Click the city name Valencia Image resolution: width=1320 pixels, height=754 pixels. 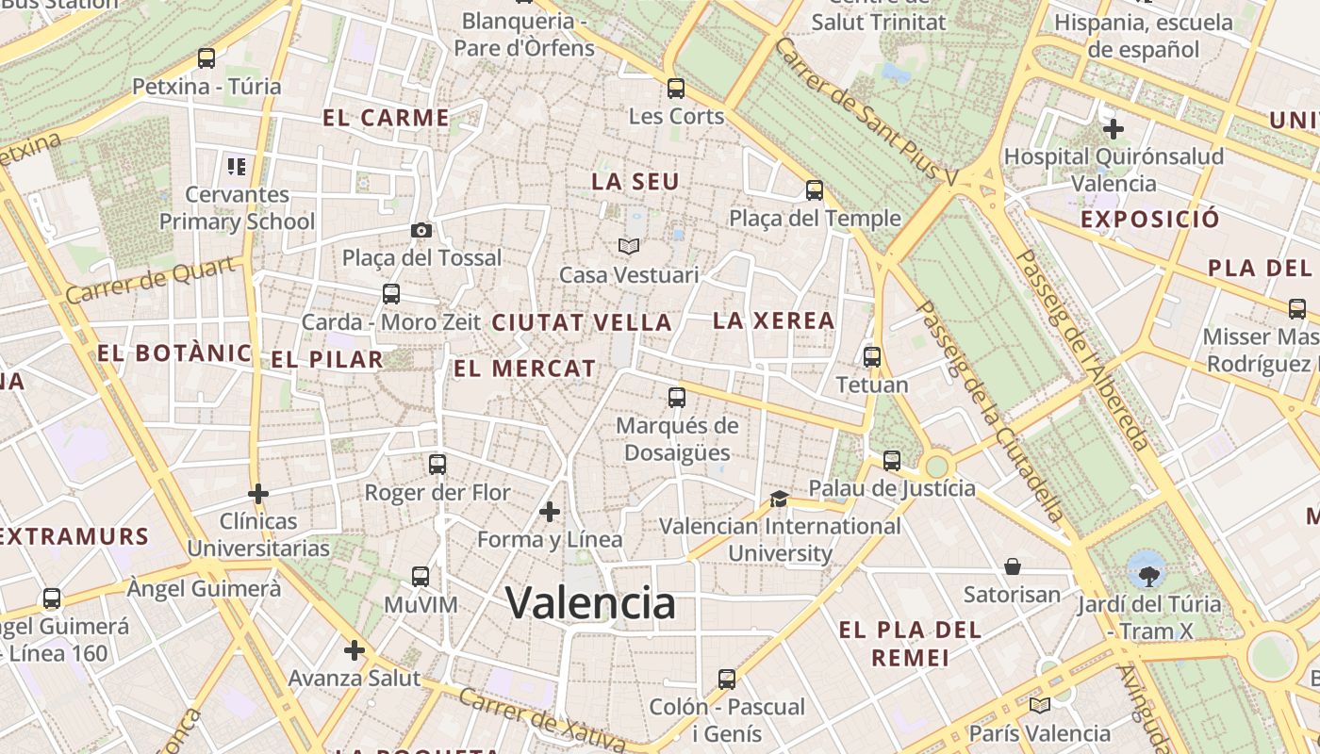(590, 603)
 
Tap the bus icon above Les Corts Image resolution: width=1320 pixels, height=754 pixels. (676, 89)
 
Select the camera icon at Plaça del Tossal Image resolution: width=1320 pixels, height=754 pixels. (421, 230)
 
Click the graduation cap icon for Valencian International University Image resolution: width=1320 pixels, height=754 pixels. (779, 499)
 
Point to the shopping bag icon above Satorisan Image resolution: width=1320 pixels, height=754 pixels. (1013, 566)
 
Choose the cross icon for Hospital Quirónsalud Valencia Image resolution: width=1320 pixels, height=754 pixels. (1114, 128)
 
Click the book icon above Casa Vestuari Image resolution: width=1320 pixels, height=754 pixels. (629, 246)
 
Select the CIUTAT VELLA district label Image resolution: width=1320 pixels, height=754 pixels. (582, 322)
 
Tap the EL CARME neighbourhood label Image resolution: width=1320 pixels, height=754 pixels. (387, 118)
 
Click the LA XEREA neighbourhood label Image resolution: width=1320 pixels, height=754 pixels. (774, 320)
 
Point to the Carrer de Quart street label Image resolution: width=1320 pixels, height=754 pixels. (151, 281)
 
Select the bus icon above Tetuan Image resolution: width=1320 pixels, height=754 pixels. (872, 357)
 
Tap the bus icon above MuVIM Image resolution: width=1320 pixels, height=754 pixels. (421, 577)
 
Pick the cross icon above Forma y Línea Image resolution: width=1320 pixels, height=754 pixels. (550, 512)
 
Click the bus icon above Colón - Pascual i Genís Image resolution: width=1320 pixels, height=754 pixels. (726, 679)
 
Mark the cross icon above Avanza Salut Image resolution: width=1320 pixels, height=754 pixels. (355, 650)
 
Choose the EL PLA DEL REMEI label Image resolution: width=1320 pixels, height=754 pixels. (910, 644)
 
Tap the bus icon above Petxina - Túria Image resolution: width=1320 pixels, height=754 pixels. (206, 58)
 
